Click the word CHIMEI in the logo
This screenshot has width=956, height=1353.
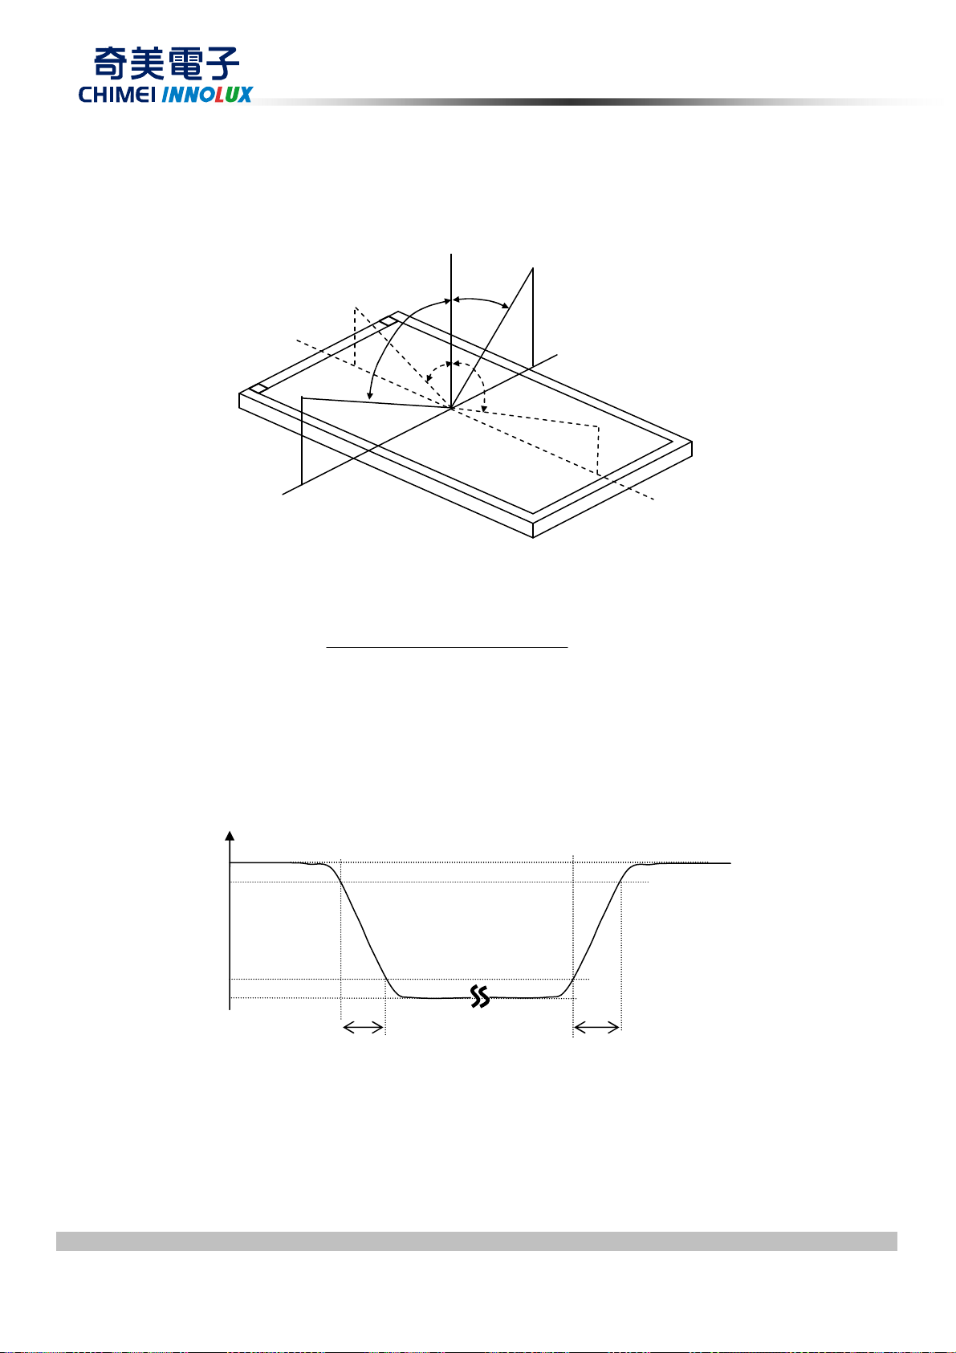point(118,95)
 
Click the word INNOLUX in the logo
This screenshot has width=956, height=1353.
point(207,95)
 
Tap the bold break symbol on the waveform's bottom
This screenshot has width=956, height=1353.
point(480,996)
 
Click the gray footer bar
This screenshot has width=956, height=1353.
point(476,1241)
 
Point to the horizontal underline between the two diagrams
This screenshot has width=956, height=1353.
point(447,646)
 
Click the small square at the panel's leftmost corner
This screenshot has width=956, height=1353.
point(258,389)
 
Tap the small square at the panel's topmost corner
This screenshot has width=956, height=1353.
point(388,322)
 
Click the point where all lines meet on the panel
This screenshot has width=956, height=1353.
point(451,409)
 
